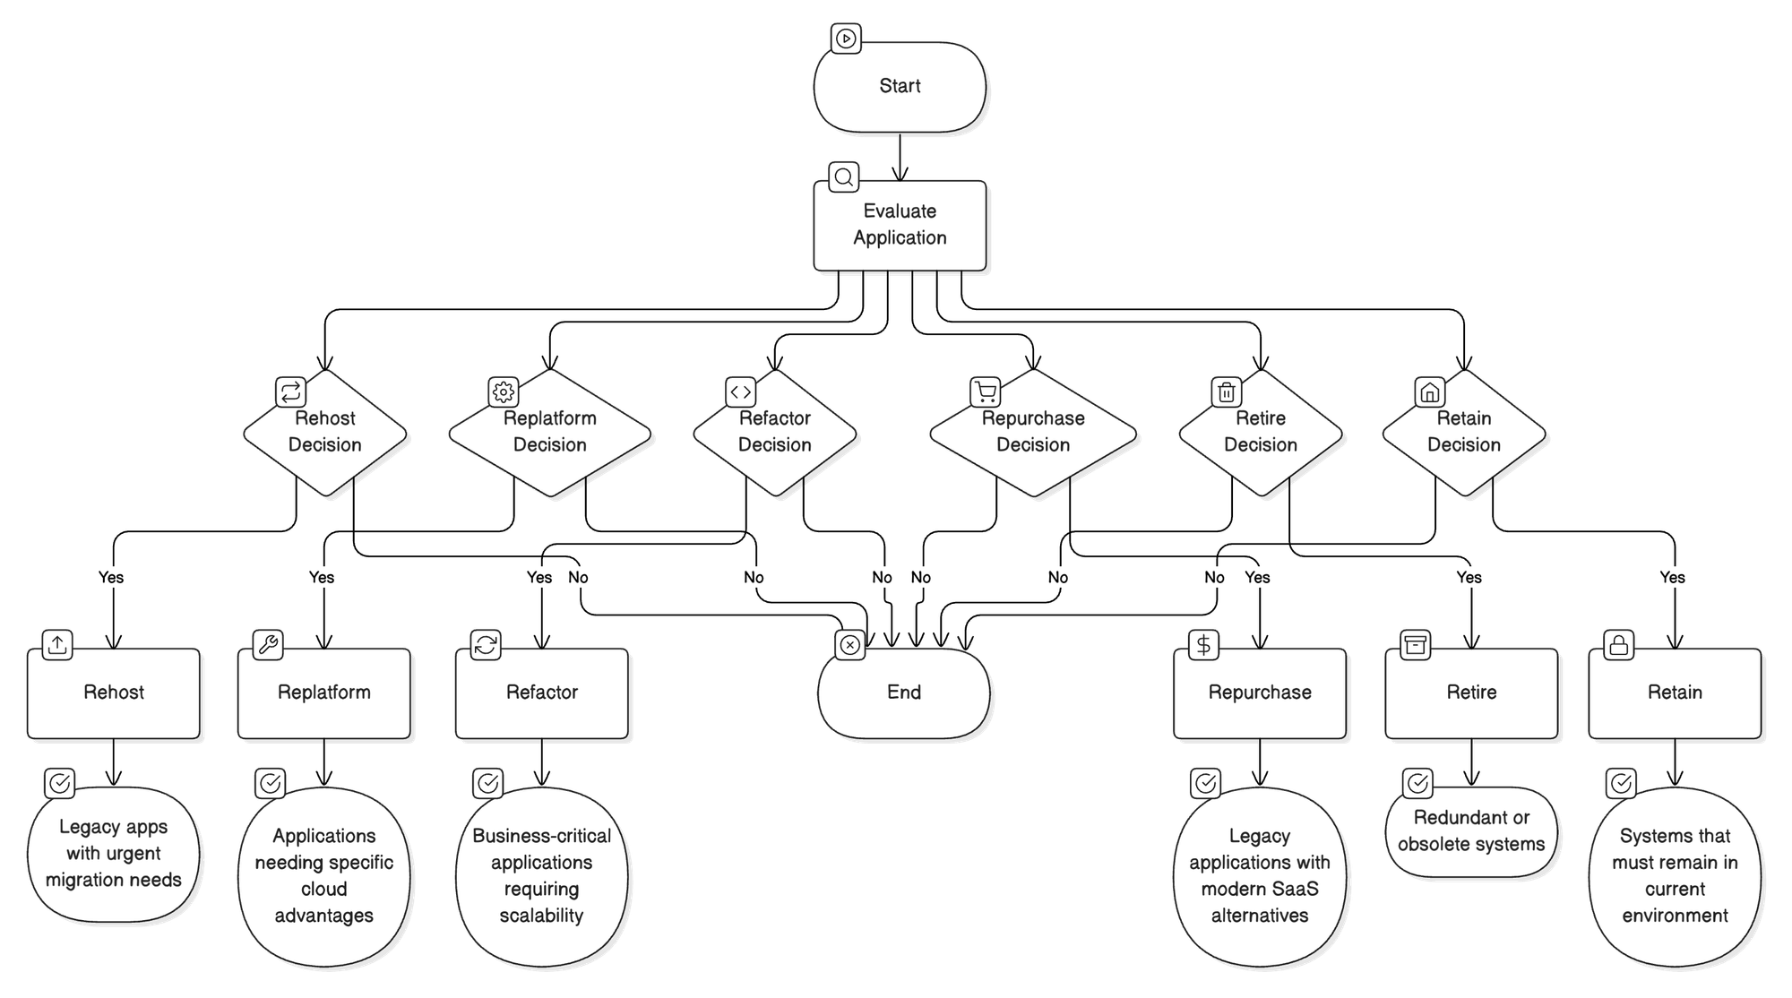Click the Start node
(x=900, y=87)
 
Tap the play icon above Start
(x=845, y=39)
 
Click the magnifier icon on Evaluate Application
(x=843, y=176)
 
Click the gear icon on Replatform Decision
(x=504, y=391)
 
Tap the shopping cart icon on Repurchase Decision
(x=986, y=391)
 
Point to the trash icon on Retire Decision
(x=1227, y=391)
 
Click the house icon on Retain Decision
(x=1430, y=391)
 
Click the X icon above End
(x=850, y=645)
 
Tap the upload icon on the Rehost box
(x=57, y=645)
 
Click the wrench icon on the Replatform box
(x=268, y=645)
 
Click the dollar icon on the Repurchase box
(x=1204, y=645)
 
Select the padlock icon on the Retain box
(x=1619, y=645)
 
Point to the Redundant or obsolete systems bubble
(x=1471, y=831)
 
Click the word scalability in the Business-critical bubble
(x=541, y=916)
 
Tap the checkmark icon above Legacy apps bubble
(x=60, y=783)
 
